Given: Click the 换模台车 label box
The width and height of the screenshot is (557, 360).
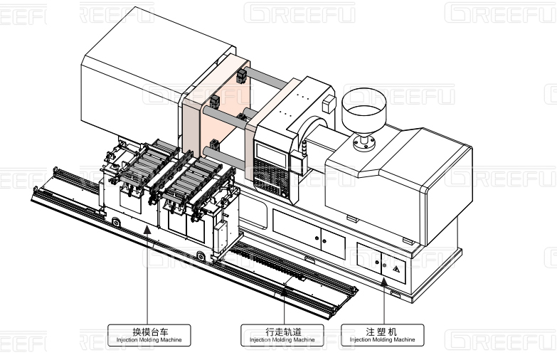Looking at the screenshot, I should click(149, 334).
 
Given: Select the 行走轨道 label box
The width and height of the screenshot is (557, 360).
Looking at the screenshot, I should click(282, 334).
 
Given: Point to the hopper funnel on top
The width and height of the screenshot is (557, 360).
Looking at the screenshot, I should click(363, 107).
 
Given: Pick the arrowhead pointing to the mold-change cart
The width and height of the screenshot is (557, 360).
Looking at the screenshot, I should click(147, 229).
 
